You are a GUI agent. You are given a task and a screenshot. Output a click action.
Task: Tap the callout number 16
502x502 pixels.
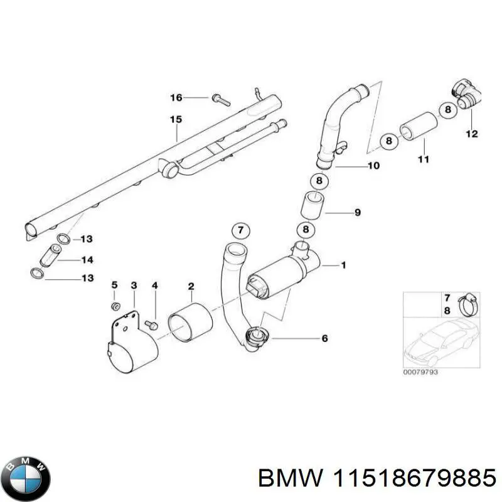point(176,97)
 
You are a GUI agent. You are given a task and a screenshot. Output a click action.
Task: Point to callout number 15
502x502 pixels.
point(176,119)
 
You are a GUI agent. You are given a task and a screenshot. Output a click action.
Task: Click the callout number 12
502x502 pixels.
point(471,134)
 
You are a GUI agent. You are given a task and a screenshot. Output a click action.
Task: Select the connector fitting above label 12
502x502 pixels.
point(467,97)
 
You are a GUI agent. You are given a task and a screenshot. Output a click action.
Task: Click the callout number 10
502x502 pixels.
point(373,166)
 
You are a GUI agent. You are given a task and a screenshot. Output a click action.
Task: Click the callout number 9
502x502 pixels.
point(357,213)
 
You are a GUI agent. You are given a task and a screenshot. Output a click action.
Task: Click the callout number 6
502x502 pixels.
point(325,339)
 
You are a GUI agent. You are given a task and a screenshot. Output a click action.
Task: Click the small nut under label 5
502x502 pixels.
point(115,306)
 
